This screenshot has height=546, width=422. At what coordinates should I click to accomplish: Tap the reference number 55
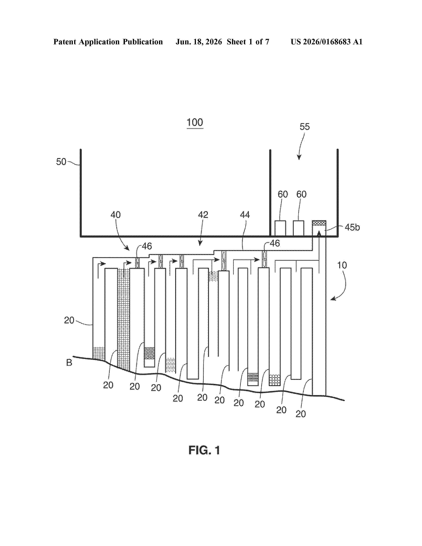(305, 127)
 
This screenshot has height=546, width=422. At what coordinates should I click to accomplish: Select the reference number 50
(61, 162)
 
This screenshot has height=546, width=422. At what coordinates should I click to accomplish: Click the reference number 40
(116, 215)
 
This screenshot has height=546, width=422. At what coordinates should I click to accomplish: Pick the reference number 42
(203, 215)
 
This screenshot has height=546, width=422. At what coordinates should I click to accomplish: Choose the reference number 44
(245, 215)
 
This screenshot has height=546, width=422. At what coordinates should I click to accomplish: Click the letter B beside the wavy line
(69, 363)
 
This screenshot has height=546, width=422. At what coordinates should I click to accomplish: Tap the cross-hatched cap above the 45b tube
(319, 223)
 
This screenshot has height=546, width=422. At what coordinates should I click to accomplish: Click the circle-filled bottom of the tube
(275, 380)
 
